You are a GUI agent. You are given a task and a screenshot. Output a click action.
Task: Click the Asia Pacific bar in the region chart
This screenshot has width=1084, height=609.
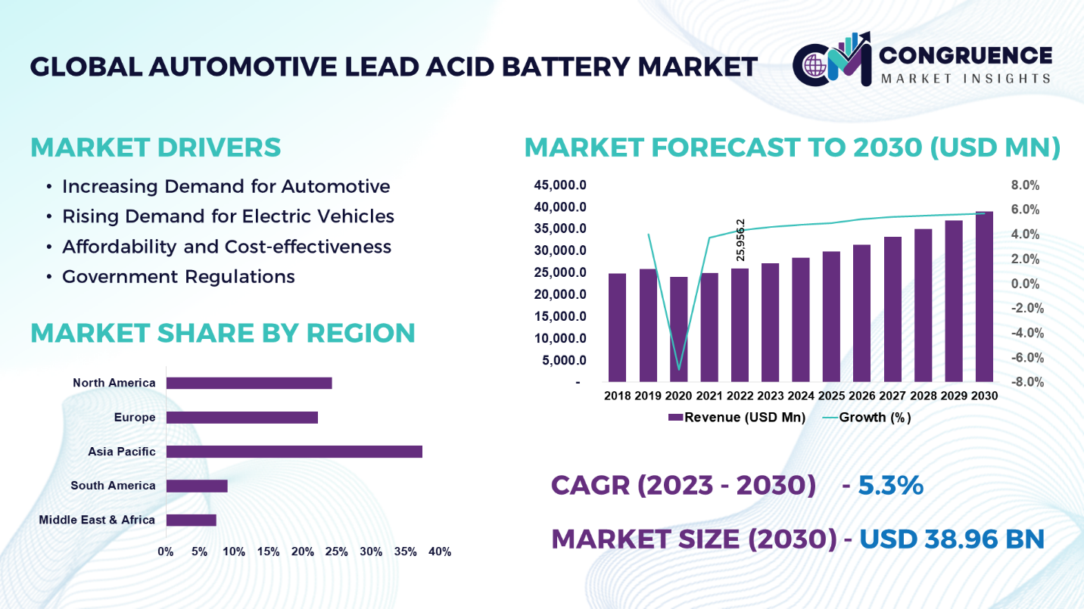294,452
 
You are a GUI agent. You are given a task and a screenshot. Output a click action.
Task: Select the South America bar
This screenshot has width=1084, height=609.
197,486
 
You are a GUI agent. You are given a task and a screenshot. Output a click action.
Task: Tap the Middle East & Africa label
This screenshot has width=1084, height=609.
97,520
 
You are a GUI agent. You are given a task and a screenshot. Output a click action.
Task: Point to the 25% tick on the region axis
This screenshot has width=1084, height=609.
336,552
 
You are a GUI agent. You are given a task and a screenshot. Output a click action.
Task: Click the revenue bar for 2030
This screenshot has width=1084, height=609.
984,297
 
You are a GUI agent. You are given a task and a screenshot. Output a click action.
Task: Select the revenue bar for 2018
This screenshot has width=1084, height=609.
617,328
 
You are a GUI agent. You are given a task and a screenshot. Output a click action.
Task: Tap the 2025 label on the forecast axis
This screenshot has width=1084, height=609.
831,396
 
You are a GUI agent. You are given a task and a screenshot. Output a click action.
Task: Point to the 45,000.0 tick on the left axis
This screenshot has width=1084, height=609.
561,185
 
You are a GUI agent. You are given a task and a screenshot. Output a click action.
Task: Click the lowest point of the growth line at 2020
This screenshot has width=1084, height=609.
678,369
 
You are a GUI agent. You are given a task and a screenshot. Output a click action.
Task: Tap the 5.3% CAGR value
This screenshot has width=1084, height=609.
890,486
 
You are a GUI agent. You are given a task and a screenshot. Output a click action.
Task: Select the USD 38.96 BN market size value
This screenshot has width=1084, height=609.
952,539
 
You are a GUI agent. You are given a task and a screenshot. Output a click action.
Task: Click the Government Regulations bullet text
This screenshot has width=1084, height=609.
179,277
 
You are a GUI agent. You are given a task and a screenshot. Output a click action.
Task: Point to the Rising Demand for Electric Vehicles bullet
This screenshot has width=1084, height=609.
228,216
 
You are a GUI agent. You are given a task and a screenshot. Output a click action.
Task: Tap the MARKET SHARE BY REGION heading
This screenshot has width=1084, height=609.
223,333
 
